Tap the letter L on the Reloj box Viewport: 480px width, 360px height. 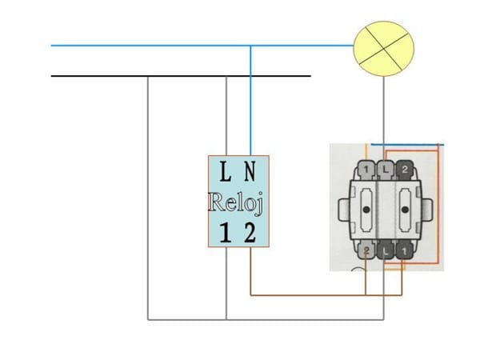(226, 171)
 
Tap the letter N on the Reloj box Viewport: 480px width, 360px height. (250, 171)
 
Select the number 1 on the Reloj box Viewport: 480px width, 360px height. (226, 234)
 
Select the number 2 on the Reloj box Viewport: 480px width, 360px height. (250, 234)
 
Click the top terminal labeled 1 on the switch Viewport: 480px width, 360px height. (367, 170)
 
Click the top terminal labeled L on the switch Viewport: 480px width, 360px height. (386, 170)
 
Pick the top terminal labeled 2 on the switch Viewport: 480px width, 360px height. (404, 170)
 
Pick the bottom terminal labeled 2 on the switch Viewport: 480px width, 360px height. (367, 250)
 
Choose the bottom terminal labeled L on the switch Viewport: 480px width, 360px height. (386, 250)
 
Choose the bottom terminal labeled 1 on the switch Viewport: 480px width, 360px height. (404, 250)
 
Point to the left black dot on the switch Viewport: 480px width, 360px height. (367, 210)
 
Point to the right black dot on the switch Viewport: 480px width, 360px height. (404, 210)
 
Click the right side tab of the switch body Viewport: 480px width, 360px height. (430, 210)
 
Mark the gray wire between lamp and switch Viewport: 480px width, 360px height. (385, 112)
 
